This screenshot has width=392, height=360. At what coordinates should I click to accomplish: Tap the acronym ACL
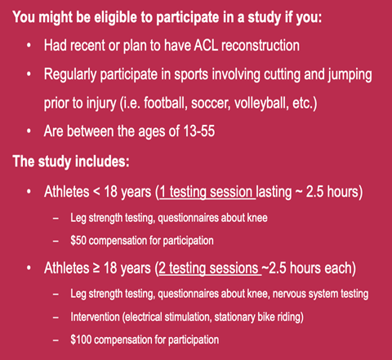pos(206,45)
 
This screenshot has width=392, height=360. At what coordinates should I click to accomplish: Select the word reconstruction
pos(261,45)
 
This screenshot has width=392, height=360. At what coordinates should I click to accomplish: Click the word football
pos(165,103)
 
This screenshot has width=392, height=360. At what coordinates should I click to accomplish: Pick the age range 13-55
pos(199,131)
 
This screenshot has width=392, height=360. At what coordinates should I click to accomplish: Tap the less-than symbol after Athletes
pos(96,192)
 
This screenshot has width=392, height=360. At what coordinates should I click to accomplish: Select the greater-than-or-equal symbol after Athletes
pos(96,268)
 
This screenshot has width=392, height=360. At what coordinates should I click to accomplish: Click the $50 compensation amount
pos(78,241)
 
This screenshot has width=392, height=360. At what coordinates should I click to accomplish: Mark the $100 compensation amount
pos(81,340)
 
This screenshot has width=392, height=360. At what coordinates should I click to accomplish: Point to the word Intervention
pos(95,317)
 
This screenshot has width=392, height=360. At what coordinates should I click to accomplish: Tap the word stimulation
pos(188,317)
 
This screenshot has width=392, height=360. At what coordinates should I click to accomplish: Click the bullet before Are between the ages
pos(29,131)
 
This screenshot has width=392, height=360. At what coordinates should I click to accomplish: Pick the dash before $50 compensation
pos(56,241)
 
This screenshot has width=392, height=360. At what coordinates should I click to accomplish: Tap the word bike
pos(266,317)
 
